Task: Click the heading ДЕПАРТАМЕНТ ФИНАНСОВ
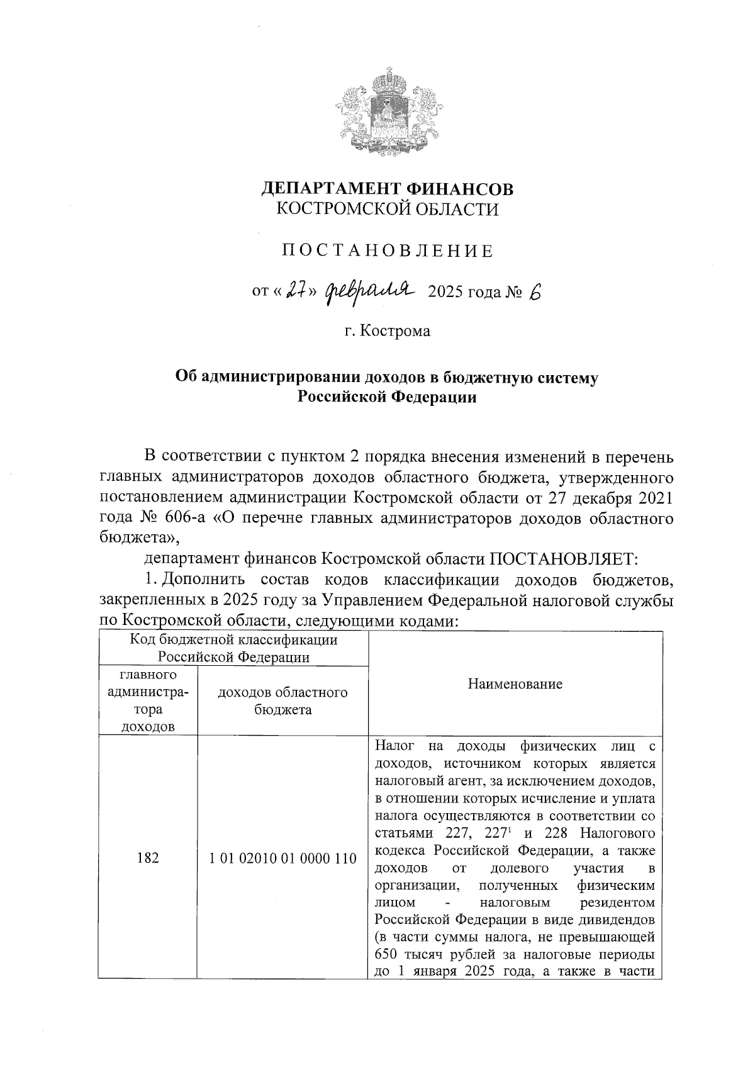(387, 188)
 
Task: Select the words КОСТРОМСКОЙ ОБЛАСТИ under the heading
(388, 210)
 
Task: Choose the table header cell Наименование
(515, 684)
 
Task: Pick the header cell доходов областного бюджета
(282, 701)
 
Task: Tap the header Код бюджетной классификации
(233, 641)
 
